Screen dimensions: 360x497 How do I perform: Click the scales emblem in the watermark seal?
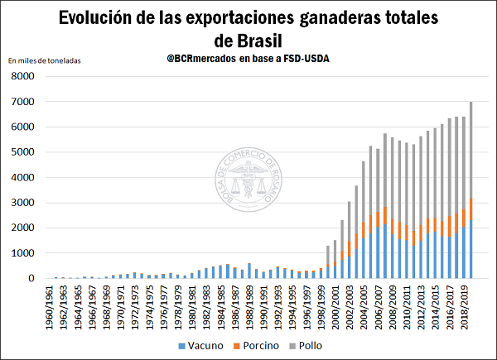click(248, 184)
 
